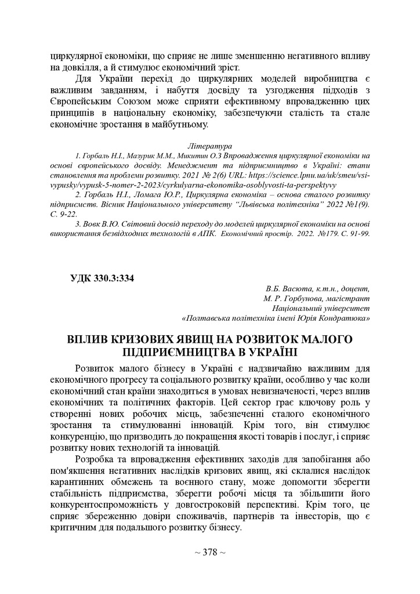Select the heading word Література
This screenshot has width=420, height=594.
click(211, 146)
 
